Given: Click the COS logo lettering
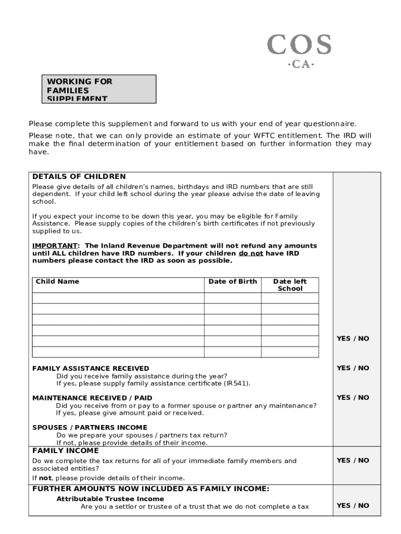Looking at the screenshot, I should coord(299,45).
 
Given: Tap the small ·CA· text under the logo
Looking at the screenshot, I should coord(301,65).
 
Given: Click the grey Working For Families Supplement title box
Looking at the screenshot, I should coord(99,89).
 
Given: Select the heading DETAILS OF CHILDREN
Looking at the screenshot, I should coord(79,177).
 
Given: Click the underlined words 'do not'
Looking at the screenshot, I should coord(250,253).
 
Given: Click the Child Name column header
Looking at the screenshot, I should coord(57,282).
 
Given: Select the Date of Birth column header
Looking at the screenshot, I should coord(232,282).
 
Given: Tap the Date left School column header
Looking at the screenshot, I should coord(290,285).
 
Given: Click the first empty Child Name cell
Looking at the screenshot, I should coord(118,298).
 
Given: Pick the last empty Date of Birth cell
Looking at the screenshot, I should coord(232,352).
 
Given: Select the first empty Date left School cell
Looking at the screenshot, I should coord(290,298).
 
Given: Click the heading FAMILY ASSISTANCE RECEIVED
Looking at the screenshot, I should coord(91,368).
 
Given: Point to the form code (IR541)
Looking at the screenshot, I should coord(236,383).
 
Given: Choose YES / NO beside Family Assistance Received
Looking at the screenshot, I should coord(353,368).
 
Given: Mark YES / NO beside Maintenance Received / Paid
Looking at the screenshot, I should coord(353,397).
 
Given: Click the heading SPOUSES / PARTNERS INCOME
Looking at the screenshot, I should coord(90,428).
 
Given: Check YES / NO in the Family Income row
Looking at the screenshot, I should coord(353,460).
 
